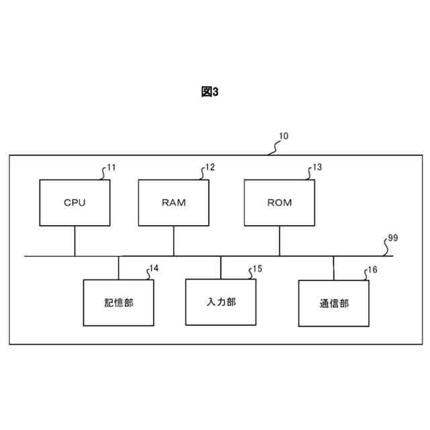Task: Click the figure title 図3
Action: [210, 93]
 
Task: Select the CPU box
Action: [75, 203]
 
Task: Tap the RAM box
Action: [173, 203]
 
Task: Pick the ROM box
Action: [279, 203]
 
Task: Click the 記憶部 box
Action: [118, 302]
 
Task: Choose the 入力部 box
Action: [220, 302]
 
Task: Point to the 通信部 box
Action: [334, 303]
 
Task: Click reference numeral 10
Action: [284, 136]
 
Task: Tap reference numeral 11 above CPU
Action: [111, 167]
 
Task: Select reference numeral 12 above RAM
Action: [210, 167]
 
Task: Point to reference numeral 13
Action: [317, 167]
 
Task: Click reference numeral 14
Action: [154, 268]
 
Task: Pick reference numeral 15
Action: [257, 269]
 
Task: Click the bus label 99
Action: [393, 239]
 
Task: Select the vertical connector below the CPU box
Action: [75, 241]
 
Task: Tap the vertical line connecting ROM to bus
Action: [279, 241]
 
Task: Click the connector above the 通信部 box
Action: [334, 267]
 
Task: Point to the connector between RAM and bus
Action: [173, 241]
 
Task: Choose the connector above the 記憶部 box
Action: [118, 267]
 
